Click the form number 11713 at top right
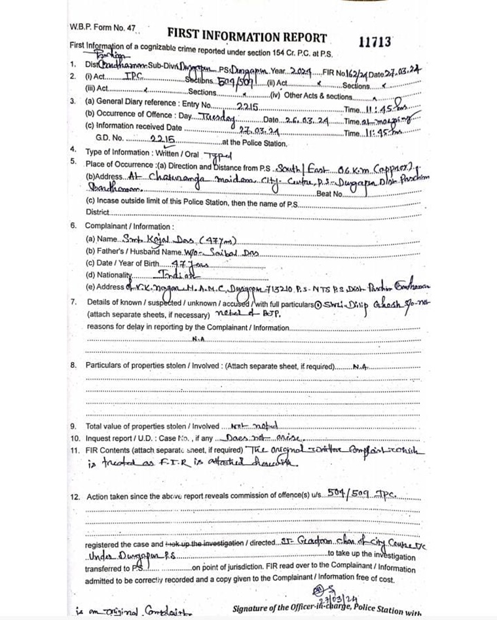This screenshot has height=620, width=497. coord(375,42)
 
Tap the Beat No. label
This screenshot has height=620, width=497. coord(329,194)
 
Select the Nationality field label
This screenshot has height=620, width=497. coord(109,274)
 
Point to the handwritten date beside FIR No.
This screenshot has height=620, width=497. coord(400,74)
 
